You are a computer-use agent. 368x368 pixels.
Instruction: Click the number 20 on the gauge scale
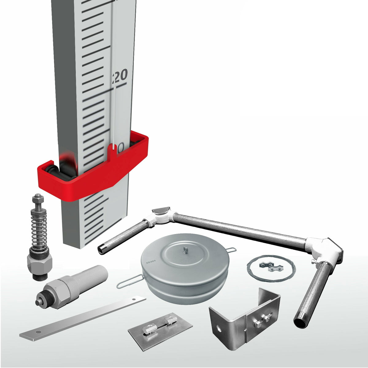coord(120,76)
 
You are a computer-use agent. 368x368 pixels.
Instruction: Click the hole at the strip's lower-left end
coord(37,332)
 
